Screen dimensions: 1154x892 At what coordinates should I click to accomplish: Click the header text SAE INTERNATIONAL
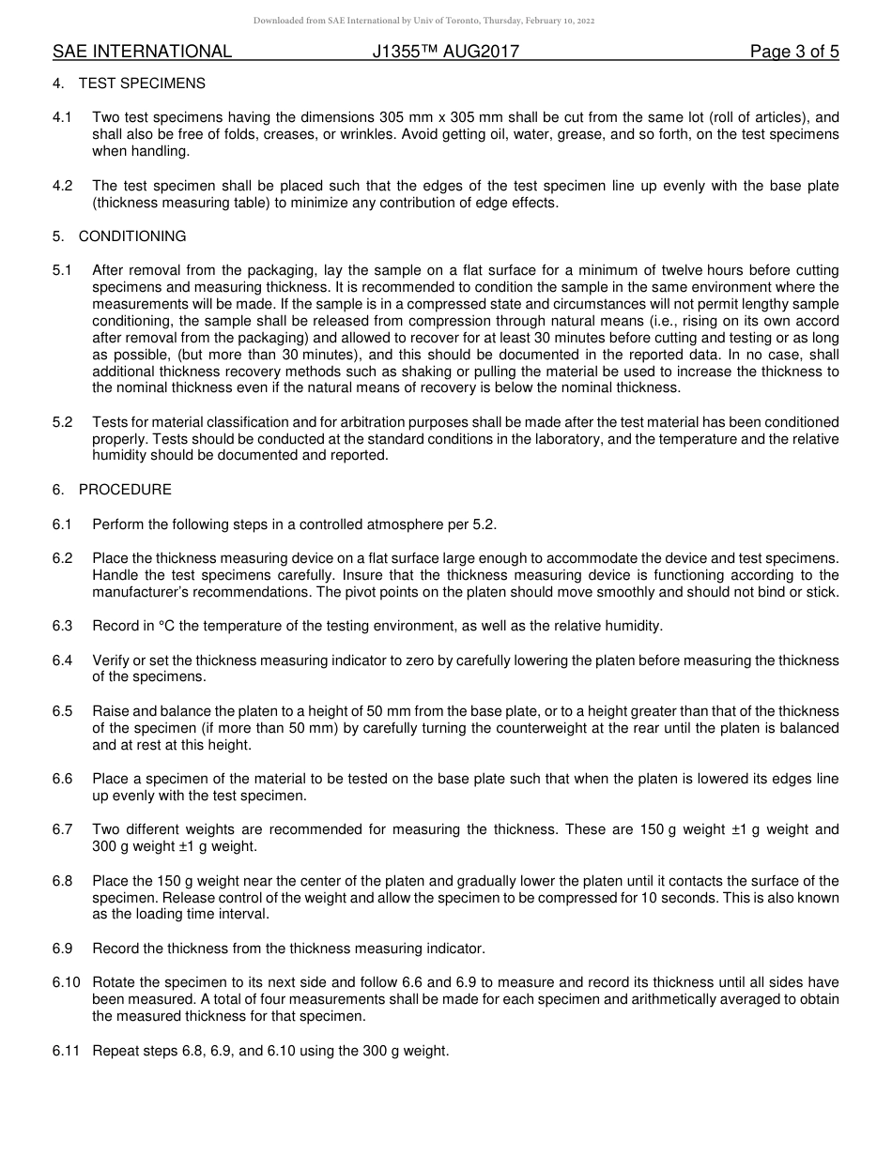142,53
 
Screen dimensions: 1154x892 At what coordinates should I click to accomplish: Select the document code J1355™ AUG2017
445,53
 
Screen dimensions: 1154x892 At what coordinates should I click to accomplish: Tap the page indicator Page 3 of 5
794,53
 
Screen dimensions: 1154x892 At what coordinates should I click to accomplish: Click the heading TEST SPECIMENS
142,84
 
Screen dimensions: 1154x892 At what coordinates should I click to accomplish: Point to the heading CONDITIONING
132,236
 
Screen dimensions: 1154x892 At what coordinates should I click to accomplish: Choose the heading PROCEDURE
125,490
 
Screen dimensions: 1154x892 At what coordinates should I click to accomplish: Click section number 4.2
62,186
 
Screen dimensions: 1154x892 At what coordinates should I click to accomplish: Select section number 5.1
62,270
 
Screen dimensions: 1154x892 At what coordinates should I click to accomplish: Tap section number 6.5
62,711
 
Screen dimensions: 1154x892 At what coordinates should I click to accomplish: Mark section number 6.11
66,1051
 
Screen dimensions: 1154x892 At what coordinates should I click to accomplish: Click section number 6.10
66,982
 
